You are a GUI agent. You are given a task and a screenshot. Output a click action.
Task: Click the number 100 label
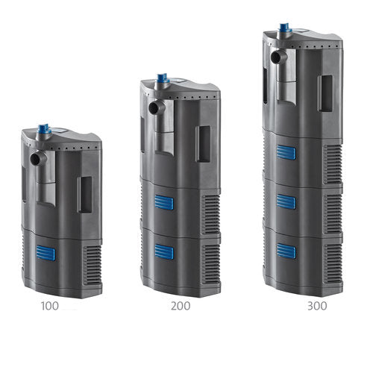point(50,306)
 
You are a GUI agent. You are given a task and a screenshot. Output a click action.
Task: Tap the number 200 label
point(181,306)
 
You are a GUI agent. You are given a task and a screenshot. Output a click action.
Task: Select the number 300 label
point(317,306)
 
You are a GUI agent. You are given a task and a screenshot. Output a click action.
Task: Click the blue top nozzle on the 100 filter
point(44,129)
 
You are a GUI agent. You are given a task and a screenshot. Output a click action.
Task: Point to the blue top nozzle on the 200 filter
point(163,78)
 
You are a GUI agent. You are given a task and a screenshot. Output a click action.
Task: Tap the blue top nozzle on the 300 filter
point(285,28)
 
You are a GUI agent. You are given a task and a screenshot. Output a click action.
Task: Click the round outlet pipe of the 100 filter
point(38,159)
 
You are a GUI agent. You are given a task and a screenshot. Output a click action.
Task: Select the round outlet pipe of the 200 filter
point(157,107)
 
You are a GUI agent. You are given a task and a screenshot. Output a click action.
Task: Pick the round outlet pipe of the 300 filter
point(279,57)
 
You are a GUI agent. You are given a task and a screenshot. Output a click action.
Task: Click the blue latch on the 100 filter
point(46,253)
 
